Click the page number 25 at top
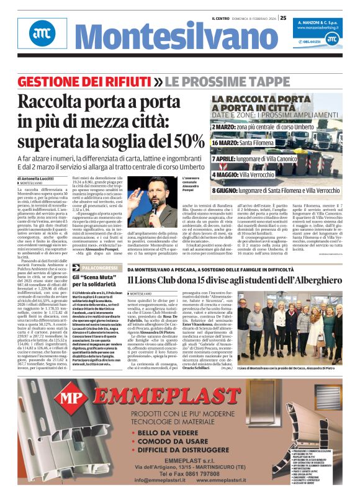(283, 17)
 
